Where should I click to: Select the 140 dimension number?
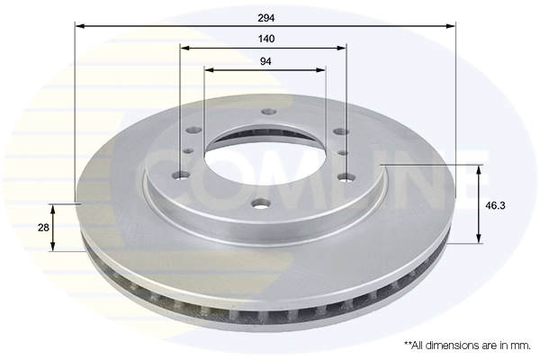265,39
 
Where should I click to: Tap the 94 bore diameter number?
265,61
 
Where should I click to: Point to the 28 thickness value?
43,228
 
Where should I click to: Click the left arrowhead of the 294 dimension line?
79,26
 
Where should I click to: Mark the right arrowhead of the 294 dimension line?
452,26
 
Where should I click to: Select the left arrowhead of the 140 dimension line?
184,49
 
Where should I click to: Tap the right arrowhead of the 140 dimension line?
343,49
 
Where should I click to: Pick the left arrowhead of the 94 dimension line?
209,70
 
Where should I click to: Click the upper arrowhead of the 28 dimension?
55,209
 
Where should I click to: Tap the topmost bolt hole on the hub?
266,112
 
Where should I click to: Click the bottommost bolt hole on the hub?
259,202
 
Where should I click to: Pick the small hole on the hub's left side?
190,153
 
